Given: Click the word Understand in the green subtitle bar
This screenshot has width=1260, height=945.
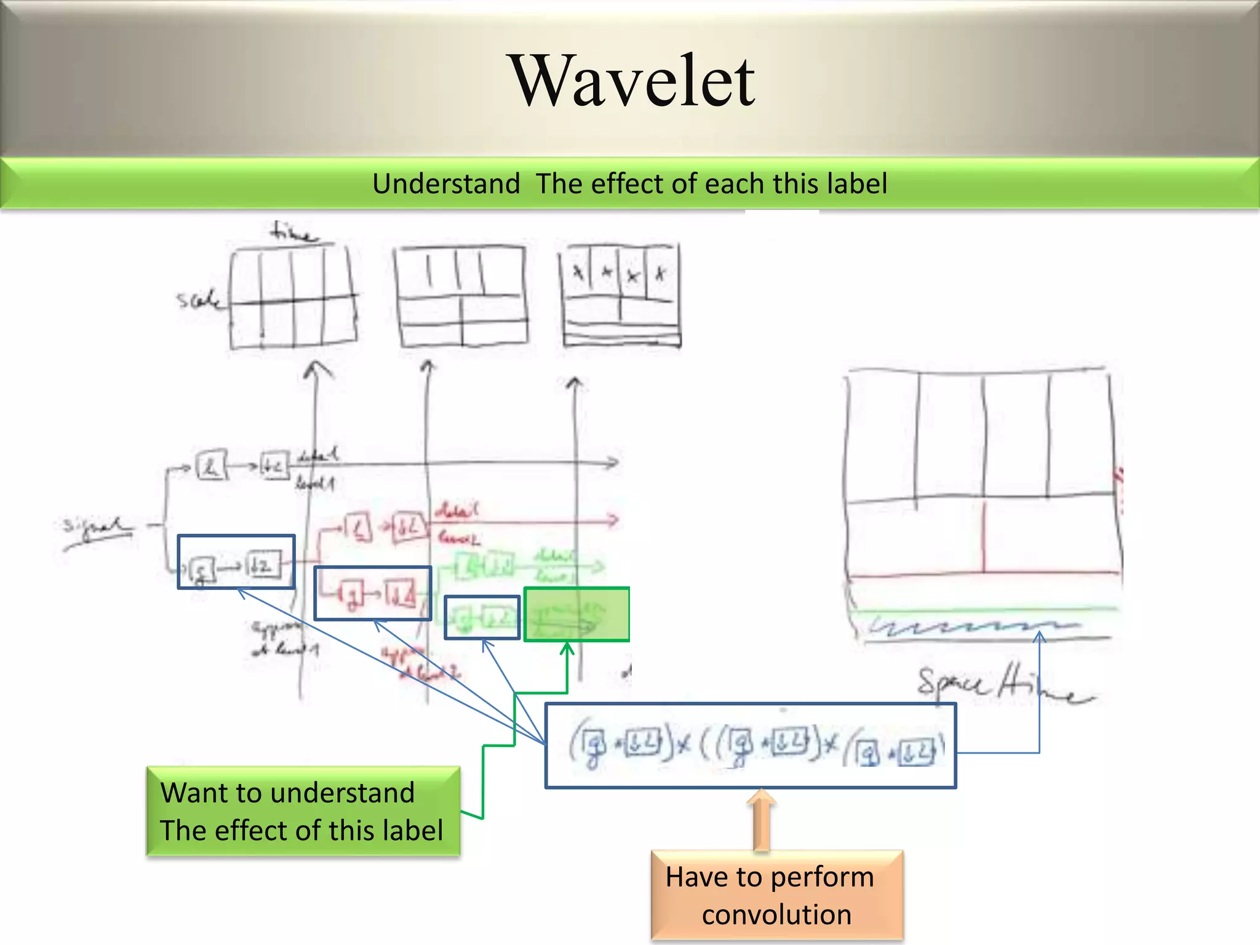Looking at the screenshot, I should pyautogui.click(x=446, y=184).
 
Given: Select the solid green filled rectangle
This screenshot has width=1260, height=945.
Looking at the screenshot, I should pyautogui.click(x=576, y=615).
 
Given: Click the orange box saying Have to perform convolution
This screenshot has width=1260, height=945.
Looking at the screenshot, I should pyautogui.click(x=776, y=895).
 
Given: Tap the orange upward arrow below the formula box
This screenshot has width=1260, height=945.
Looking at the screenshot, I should pyautogui.click(x=762, y=818).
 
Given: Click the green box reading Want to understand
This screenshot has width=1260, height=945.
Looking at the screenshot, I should pyautogui.click(x=303, y=811).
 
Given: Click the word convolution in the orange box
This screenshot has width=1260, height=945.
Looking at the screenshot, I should pyautogui.click(x=776, y=915).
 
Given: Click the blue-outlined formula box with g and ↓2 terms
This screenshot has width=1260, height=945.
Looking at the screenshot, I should pyautogui.click(x=751, y=746).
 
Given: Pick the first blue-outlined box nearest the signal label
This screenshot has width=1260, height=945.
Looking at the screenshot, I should pyautogui.click(x=236, y=562).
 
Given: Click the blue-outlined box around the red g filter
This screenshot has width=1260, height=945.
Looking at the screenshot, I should pyautogui.click(x=373, y=593).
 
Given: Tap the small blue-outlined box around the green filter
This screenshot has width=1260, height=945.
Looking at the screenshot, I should pyautogui.click(x=482, y=617).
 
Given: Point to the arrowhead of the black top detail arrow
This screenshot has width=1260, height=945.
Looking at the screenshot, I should pyautogui.click(x=613, y=463).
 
